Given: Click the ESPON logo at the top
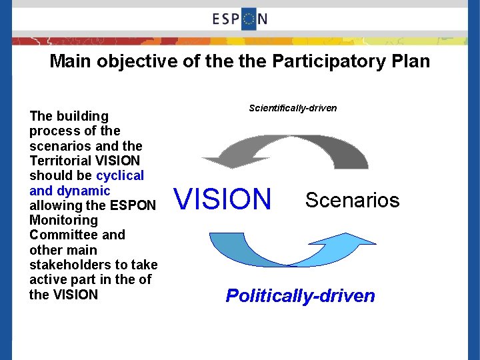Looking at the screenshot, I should click(240, 18).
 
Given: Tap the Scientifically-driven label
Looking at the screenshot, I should click(293, 108).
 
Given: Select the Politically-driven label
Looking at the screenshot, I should click(300, 295).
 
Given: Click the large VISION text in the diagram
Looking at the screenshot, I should click(223, 199).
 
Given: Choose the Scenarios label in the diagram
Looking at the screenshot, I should click(352, 200).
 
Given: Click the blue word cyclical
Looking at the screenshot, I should click(120, 176).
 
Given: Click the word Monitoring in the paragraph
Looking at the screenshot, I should click(63, 220).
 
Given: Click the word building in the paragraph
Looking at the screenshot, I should click(81, 117).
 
